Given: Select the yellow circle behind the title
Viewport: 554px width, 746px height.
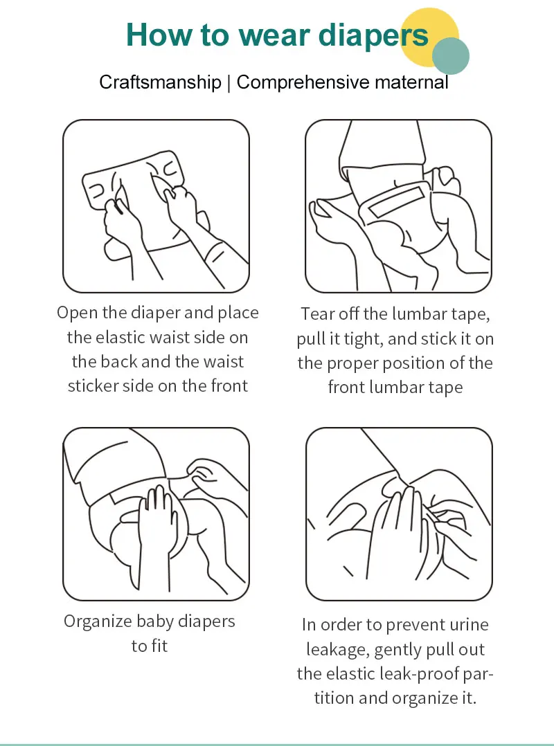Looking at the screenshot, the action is click(x=429, y=37).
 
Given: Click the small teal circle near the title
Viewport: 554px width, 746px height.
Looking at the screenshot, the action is click(x=451, y=56).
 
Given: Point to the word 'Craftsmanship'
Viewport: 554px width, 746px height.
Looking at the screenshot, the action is click(x=161, y=82).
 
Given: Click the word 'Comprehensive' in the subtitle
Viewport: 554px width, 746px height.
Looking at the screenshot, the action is click(x=303, y=82).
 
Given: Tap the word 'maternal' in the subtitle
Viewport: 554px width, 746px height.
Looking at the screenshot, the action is click(x=411, y=82).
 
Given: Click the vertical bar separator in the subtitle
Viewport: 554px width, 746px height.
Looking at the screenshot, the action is click(x=229, y=82).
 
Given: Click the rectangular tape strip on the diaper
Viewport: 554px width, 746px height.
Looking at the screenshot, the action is click(x=396, y=201).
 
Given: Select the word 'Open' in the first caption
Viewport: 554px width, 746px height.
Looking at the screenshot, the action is click(x=77, y=313).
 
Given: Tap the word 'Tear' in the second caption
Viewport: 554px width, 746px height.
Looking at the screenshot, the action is click(x=317, y=314).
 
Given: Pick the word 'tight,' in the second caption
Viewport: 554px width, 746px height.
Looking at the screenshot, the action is click(x=363, y=339).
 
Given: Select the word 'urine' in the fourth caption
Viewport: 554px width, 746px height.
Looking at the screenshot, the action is click(x=469, y=625).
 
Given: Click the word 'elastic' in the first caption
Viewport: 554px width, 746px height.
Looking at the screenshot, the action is click(x=121, y=337).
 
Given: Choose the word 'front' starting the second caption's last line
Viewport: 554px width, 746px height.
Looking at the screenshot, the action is click(x=346, y=388).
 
